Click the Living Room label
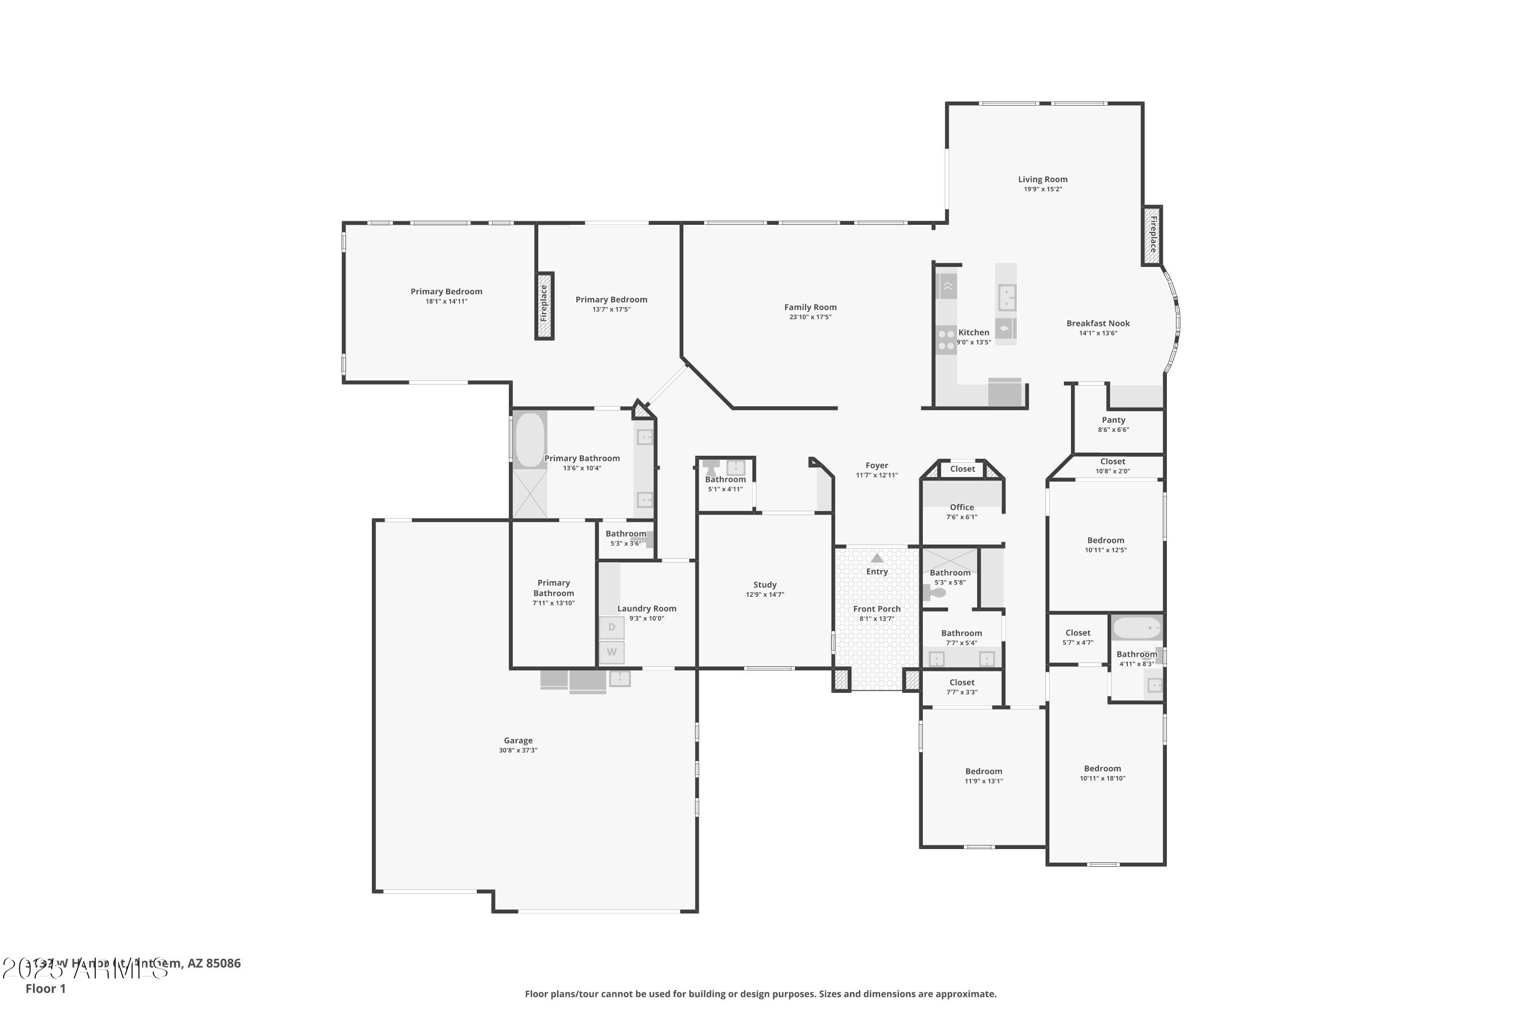tap(1043, 179)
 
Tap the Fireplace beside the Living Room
tap(1152, 234)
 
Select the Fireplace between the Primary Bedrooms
tap(544, 305)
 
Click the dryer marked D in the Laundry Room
tap(611, 627)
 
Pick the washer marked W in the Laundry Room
tap(611, 652)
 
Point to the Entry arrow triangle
tap(877, 558)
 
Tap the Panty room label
tap(1113, 420)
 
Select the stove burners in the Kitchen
tap(946, 340)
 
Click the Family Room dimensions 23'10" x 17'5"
tap(810, 317)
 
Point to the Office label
tap(961, 507)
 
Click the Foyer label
tap(877, 465)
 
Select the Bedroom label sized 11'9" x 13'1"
tap(983, 771)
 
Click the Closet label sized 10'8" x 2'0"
tap(1113, 461)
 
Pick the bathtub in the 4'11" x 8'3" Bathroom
tap(1136, 628)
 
